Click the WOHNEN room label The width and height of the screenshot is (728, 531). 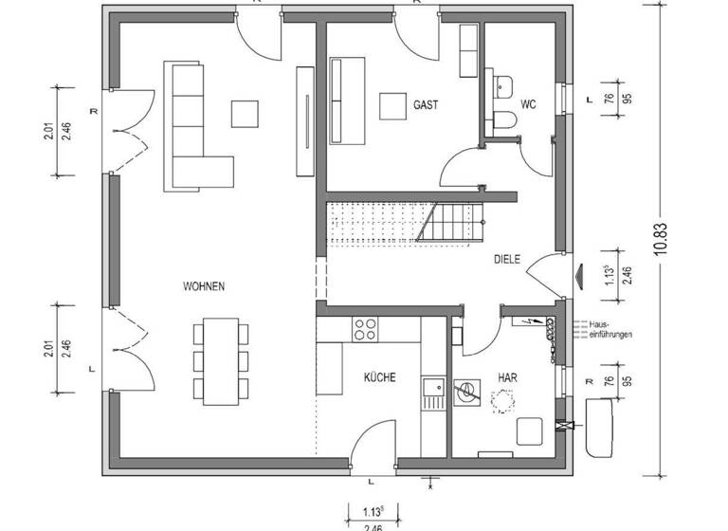pos(205,286)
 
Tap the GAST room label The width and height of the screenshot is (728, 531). pos(426,104)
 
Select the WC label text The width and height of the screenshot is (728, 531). pos(528,104)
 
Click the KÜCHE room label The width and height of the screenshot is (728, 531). pos(380,377)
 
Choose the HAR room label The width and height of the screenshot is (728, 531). pos(508,377)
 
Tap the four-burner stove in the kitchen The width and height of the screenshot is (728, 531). pos(365,330)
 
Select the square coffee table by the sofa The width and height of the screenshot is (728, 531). pos(246,112)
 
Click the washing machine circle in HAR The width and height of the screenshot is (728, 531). pos(467,391)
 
